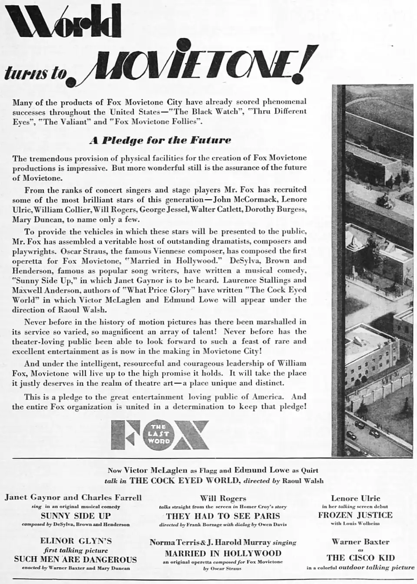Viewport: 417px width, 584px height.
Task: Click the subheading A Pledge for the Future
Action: point(160,140)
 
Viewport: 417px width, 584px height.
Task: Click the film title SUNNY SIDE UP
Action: point(76,516)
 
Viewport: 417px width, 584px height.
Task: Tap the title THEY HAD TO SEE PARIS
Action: point(223,516)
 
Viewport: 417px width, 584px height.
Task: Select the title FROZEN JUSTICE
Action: point(355,515)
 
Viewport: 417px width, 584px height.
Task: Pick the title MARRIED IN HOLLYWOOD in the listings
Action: point(223,554)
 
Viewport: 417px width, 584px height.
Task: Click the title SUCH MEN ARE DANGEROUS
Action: point(76,560)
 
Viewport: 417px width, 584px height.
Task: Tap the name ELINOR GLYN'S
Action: point(76,541)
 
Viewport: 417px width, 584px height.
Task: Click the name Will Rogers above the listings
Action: point(223,498)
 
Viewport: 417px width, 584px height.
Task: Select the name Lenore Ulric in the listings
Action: point(355,498)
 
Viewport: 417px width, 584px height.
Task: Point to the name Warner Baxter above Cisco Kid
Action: point(360,541)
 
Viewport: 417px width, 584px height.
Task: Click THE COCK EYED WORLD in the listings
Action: point(185,480)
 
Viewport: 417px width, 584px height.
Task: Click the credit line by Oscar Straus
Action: point(223,568)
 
